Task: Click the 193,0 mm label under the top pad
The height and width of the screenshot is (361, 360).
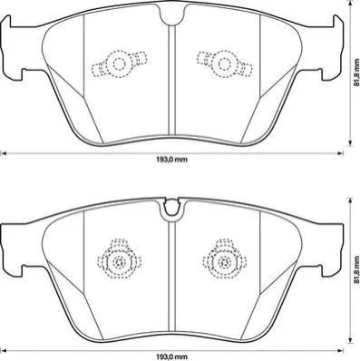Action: pyautogui.click(x=171, y=160)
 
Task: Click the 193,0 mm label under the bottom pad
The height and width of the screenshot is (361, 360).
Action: pyautogui.click(x=171, y=356)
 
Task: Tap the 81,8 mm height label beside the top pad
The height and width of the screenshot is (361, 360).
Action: pyautogui.click(x=355, y=73)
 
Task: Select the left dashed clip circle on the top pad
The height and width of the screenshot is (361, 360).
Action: pyautogui.click(x=119, y=63)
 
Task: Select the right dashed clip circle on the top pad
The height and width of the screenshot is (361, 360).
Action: pyautogui.click(x=225, y=63)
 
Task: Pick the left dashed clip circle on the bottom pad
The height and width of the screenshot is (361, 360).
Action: pyautogui.click(x=119, y=261)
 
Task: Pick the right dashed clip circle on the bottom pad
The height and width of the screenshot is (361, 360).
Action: pyautogui.click(x=224, y=261)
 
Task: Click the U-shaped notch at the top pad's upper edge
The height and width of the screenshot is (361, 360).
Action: pyautogui.click(x=172, y=15)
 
